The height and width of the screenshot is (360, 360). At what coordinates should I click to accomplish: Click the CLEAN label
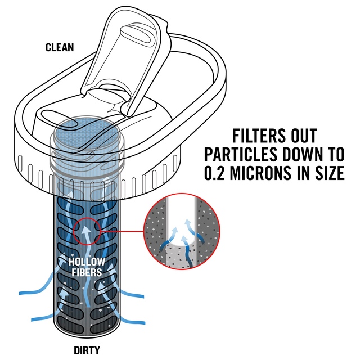pos(60,47)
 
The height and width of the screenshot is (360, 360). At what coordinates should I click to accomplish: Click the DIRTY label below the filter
pos(87,350)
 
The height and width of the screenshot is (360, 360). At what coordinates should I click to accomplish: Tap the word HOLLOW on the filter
pos(87,262)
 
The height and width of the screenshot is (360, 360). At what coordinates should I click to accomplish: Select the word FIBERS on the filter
pos(87,272)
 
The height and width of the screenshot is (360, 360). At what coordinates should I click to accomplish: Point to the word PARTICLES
pos(241,154)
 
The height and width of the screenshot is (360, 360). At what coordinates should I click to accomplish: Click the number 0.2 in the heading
pos(215,173)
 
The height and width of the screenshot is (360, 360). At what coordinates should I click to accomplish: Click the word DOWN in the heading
pos(304,154)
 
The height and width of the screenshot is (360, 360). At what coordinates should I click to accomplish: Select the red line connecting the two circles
pos(123,231)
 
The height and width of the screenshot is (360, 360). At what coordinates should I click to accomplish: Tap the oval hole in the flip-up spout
pos(136,34)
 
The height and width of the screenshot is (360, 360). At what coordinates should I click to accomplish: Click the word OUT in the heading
pos(304,136)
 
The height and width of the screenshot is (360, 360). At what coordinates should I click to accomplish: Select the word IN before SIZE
pos(304,173)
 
